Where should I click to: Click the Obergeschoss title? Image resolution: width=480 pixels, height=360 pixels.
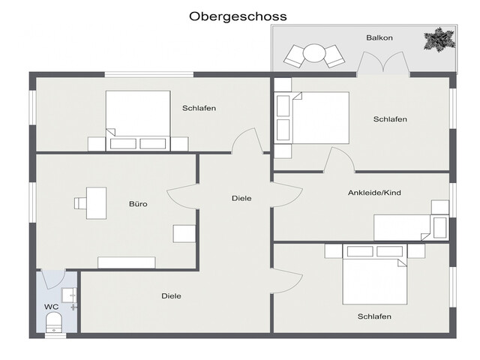point(238,16)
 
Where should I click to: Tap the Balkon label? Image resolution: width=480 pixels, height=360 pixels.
point(379,37)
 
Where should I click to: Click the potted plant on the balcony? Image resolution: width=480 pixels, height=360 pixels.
point(439,39)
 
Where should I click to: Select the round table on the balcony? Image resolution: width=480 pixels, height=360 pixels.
point(313,53)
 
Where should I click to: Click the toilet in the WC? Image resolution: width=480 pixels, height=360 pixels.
point(54,322)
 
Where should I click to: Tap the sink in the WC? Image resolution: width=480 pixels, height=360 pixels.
point(69,295)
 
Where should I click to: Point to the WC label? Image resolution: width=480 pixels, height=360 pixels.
point(51,307)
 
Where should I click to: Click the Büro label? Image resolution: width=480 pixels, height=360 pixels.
point(138,204)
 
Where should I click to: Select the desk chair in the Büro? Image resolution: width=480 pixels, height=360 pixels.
point(80,203)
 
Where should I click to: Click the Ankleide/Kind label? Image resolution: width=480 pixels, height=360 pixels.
point(374,193)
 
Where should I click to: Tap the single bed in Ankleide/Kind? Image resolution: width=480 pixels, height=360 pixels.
point(411,227)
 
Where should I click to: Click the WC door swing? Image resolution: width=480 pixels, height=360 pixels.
point(52,279)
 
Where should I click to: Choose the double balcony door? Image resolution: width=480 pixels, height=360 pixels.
point(383,63)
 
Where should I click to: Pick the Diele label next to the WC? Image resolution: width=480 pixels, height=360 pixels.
point(171,296)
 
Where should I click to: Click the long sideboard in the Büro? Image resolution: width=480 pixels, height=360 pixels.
point(127,262)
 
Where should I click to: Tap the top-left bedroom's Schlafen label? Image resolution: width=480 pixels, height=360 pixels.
point(199,108)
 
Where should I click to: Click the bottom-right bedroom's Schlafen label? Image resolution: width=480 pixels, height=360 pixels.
point(374,316)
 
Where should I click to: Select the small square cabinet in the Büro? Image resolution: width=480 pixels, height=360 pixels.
point(184,234)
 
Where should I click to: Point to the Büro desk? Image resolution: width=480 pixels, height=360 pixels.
point(97,203)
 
